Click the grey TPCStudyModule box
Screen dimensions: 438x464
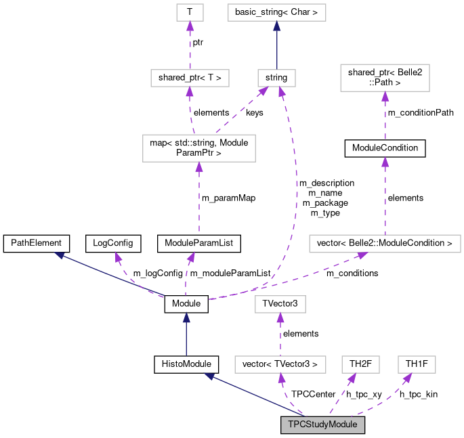click(x=323, y=425)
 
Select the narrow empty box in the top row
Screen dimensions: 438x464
click(x=190, y=12)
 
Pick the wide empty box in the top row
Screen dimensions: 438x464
click(x=276, y=12)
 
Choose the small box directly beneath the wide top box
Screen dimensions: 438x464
click(x=276, y=78)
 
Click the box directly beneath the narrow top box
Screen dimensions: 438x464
click(x=190, y=78)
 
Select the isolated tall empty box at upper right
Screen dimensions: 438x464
click(x=385, y=78)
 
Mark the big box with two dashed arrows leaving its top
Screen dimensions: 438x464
click(x=198, y=148)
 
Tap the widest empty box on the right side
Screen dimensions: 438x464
click(x=385, y=244)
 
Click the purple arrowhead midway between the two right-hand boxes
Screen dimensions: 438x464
click(x=385, y=162)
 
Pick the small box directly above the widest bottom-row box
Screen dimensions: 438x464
click(x=280, y=305)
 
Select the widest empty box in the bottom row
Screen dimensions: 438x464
click(x=280, y=364)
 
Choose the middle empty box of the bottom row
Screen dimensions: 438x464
click(x=360, y=364)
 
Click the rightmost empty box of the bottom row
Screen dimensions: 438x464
click(x=417, y=364)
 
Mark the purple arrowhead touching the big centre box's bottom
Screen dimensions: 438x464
click(x=198, y=167)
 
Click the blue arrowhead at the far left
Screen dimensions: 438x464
click(x=59, y=255)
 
